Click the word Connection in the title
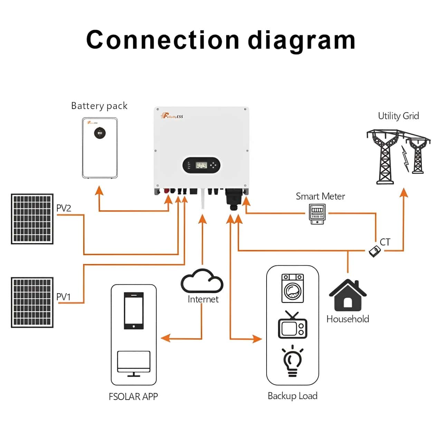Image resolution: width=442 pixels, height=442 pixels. [162, 40]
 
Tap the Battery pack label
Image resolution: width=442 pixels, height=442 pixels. [99, 106]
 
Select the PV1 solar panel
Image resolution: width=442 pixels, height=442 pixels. [32, 302]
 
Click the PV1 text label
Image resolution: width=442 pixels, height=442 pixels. [63, 297]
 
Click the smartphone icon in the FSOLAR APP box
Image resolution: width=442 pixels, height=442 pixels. [134, 311]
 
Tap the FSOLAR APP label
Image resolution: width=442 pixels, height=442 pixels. [133, 396]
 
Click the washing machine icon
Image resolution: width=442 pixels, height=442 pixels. [292, 288]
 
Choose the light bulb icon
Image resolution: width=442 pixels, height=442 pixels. [292, 361]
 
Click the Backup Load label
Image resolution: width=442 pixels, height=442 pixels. [292, 396]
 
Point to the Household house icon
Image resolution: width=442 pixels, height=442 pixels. [348, 296]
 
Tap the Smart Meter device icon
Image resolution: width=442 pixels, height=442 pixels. [317, 214]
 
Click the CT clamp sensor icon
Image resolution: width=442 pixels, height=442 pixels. [374, 251]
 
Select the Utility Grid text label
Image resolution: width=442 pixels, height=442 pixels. [398, 116]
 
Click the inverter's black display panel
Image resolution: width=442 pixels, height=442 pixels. [201, 165]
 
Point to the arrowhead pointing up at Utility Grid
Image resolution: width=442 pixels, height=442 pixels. [403, 193]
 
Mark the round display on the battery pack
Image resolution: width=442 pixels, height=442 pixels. [100, 133]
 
